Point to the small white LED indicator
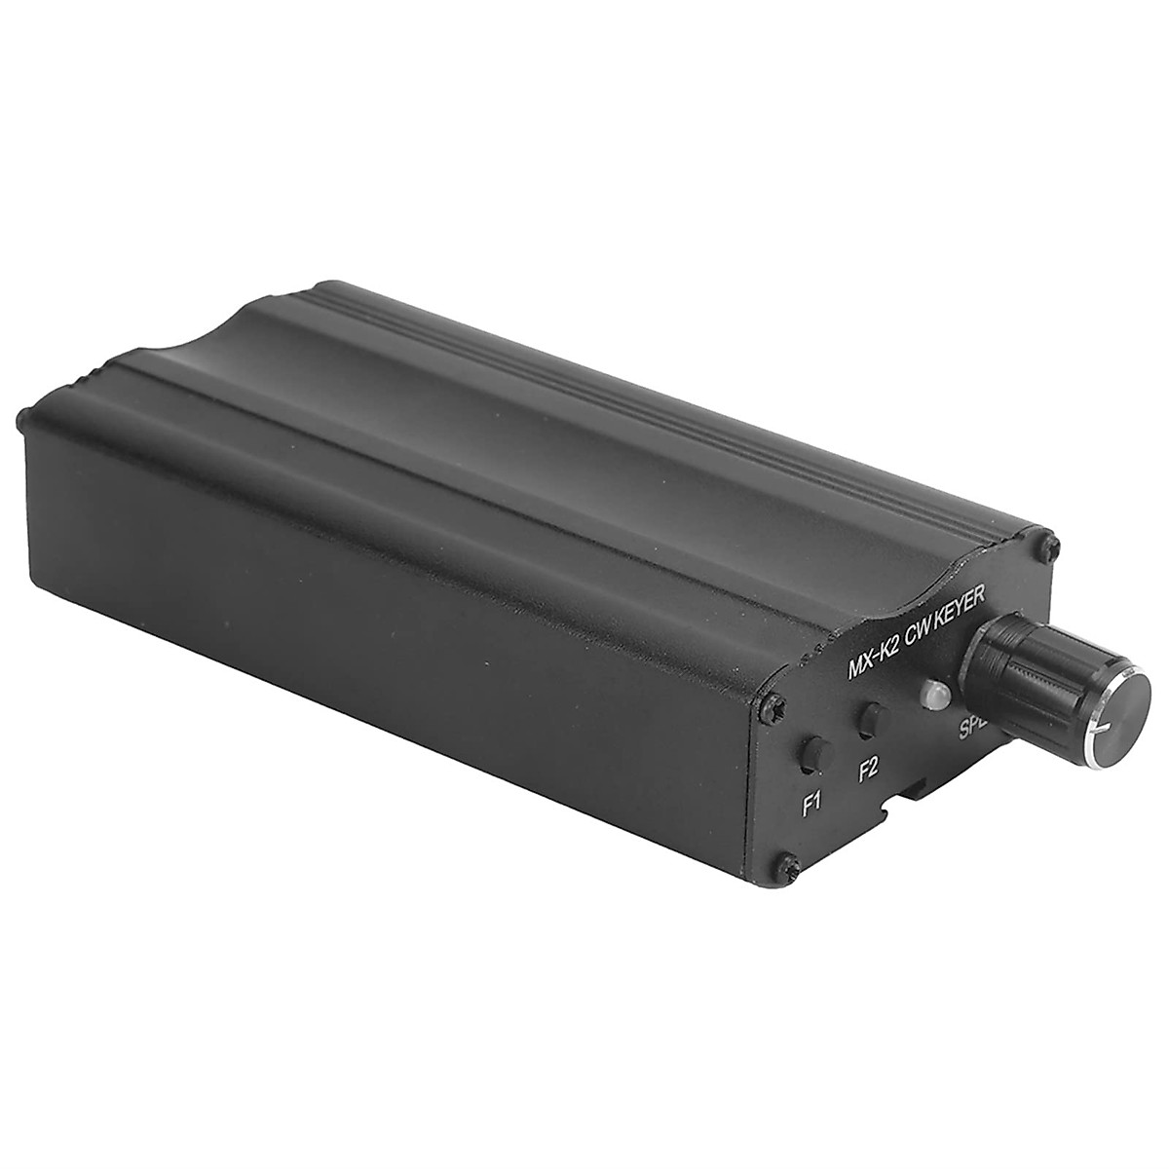(x=930, y=694)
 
